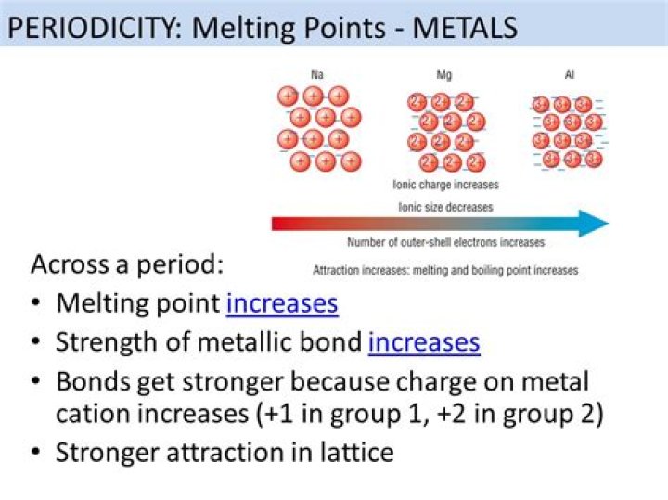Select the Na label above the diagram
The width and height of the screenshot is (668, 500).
pyautogui.click(x=318, y=74)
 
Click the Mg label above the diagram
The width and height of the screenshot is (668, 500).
pyautogui.click(x=444, y=74)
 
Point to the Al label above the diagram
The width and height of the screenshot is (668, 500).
pyautogui.click(x=569, y=74)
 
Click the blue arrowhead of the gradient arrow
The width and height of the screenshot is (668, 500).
pyautogui.click(x=592, y=224)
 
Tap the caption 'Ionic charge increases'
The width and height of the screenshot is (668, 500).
pyautogui.click(x=445, y=186)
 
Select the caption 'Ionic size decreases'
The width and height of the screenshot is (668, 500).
pyautogui.click(x=445, y=206)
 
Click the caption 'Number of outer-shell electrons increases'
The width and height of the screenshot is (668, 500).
pyautogui.click(x=445, y=243)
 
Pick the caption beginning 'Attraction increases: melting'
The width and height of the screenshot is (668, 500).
pyautogui.click(x=445, y=271)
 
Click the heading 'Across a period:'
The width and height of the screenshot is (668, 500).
pyautogui.click(x=127, y=264)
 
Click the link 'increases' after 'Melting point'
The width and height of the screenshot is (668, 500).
pyautogui.click(x=282, y=303)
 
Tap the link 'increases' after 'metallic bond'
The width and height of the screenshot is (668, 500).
pyautogui.click(x=424, y=342)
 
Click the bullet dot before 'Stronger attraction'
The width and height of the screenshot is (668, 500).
pyautogui.click(x=35, y=454)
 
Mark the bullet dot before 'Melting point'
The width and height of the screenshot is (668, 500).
pyautogui.click(x=35, y=304)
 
